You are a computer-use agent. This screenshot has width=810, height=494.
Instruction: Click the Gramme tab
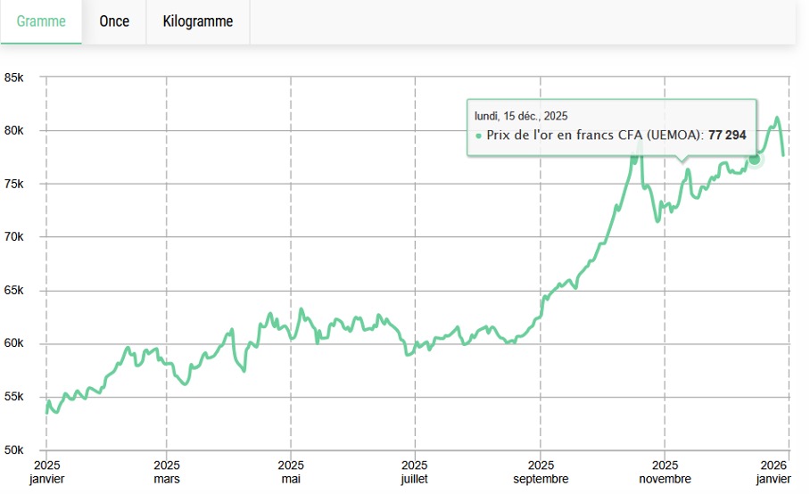(41, 21)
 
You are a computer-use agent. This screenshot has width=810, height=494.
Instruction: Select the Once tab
(114, 21)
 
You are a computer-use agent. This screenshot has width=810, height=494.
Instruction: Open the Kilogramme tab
(198, 21)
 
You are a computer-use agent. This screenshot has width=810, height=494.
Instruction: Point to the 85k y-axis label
(13, 78)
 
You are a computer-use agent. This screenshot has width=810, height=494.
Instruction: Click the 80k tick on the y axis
(13, 131)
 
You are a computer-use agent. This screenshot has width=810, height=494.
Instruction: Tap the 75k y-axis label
(13, 185)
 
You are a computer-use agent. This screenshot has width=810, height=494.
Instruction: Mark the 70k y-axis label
(13, 237)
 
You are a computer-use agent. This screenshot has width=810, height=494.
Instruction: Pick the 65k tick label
(13, 291)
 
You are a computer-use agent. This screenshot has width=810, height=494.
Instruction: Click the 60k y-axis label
(13, 344)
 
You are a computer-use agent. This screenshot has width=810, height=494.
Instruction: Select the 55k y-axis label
(13, 397)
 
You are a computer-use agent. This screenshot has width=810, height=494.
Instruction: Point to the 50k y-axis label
(13, 450)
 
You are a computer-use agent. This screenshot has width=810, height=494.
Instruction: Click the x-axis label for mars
(167, 472)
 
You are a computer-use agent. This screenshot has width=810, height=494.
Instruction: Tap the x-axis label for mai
(291, 472)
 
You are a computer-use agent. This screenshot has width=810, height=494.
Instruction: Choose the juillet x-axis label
(415, 472)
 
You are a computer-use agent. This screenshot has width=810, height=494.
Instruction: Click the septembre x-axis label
(541, 472)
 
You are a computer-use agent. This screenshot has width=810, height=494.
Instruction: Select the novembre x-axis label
(665, 472)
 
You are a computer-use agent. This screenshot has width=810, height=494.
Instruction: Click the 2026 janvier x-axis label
(773, 472)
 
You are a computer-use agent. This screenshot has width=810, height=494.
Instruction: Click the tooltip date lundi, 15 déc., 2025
(521, 116)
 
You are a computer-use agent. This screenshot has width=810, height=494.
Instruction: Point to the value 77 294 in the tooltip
(727, 136)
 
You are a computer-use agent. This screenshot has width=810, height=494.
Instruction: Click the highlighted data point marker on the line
(755, 159)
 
